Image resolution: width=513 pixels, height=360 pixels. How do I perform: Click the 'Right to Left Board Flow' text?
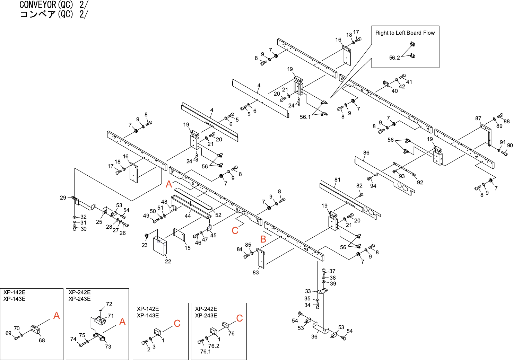point(405,33)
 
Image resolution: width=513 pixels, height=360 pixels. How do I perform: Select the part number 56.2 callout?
point(394,58)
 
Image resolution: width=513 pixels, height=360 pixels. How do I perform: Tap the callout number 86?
point(366,153)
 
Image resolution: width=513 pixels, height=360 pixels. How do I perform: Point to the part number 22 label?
point(168,262)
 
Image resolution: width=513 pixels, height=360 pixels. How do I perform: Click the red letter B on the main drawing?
point(263,239)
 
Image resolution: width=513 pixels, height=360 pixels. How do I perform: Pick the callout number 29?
point(63,198)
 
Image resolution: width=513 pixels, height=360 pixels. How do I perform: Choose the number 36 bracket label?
point(314,336)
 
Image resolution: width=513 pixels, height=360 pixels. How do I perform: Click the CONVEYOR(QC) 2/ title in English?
point(54,5)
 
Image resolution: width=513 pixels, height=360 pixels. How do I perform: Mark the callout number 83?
point(256,273)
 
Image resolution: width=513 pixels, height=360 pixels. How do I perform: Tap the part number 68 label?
point(42,341)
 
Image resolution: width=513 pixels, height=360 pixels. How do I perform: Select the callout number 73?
point(108,346)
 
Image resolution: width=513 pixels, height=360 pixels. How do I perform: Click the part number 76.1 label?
point(206,352)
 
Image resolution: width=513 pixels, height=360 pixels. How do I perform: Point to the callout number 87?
point(478,118)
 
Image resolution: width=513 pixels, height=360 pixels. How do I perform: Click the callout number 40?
point(395,91)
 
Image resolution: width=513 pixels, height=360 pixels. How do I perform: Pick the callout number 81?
point(338,180)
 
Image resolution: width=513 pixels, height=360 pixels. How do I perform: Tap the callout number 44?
point(188,216)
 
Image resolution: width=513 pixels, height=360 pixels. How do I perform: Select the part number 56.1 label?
point(305,117)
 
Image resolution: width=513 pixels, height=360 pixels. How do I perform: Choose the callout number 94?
point(373,186)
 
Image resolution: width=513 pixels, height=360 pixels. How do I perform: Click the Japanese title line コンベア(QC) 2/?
point(54,14)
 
